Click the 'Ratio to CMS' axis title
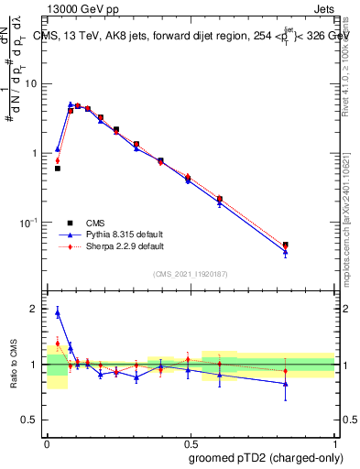coord(13,365)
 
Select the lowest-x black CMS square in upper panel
coord(58,169)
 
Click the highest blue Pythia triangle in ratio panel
coord(58,312)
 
